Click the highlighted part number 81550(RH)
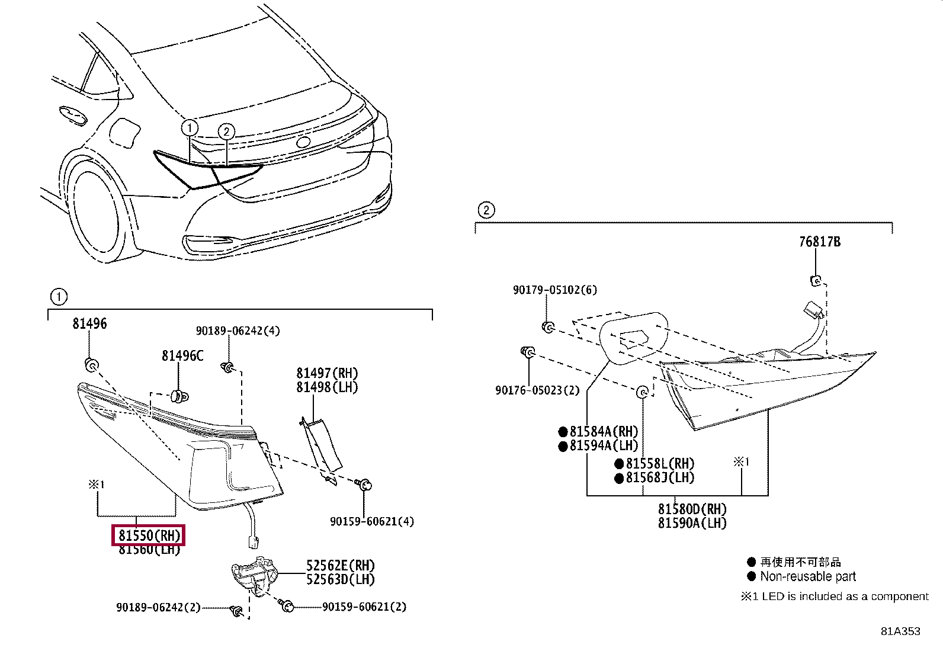click(149, 535)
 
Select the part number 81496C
click(182, 355)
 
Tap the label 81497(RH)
click(327, 373)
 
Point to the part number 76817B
click(819, 242)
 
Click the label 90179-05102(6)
click(554, 290)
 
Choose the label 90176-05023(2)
click(537, 390)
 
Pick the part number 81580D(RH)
click(692, 509)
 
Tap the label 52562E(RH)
click(341, 566)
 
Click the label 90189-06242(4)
click(238, 331)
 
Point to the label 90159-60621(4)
click(372, 521)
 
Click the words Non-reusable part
click(807, 576)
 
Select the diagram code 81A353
click(900, 631)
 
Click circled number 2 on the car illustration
click(226, 132)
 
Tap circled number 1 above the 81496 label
click(58, 297)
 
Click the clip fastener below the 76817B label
click(816, 280)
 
